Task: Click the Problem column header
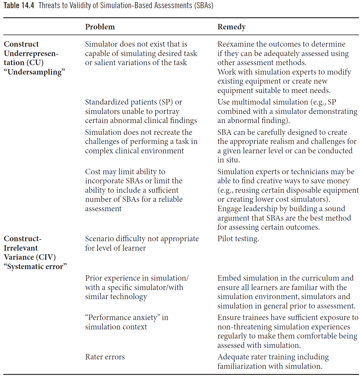click(100, 27)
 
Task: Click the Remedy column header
click(231, 27)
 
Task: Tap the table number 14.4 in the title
click(28, 5)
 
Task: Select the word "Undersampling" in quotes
click(35, 72)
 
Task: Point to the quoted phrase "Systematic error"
click(35, 267)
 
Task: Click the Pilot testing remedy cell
click(238, 239)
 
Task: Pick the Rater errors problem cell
click(105, 357)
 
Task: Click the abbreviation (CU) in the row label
click(36, 63)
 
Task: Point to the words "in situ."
click(228, 160)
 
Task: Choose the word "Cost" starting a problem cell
click(93, 172)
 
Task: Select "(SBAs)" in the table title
click(204, 5)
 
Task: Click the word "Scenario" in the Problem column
click(99, 239)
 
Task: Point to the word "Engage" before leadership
click(229, 209)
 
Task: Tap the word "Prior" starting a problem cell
click(93, 278)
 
